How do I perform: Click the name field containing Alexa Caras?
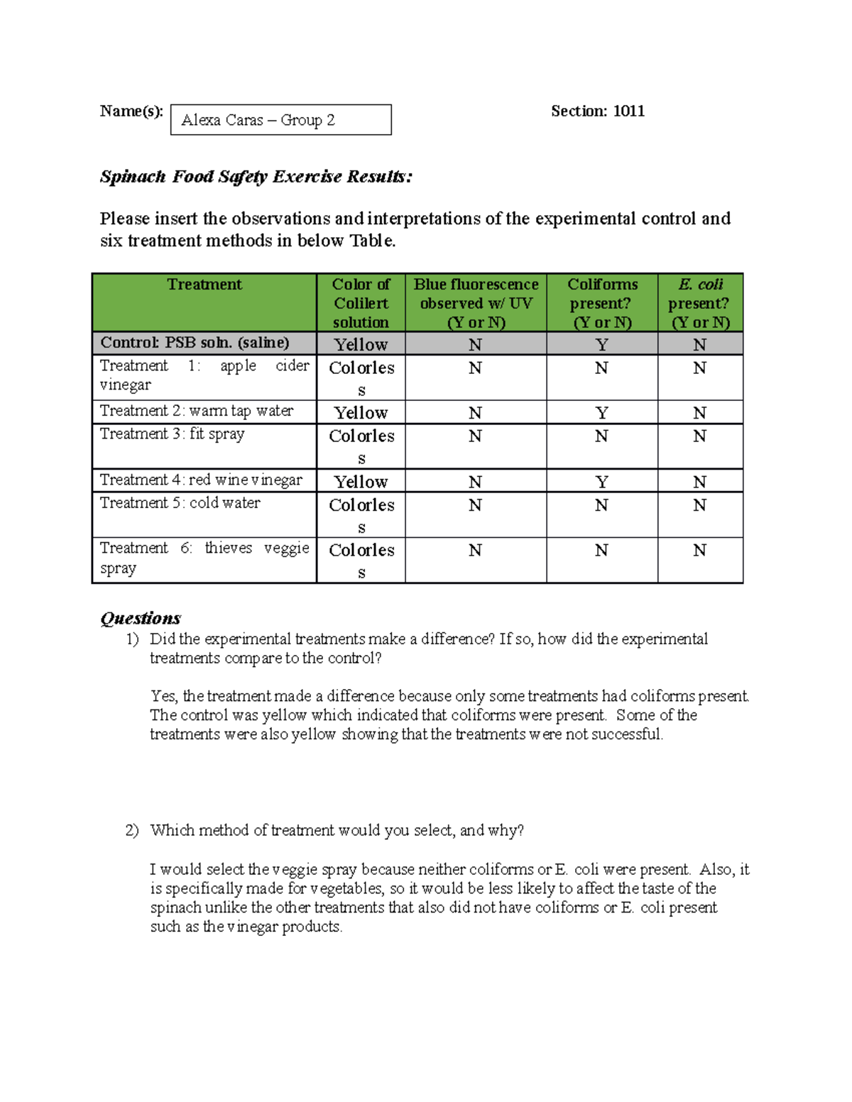(280, 120)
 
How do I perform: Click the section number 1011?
(628, 111)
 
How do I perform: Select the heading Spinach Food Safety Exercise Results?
(256, 177)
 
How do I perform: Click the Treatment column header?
(204, 285)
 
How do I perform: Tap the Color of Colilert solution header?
(361, 303)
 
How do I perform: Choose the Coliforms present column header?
(602, 303)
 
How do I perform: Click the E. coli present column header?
(700, 303)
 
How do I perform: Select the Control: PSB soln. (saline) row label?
(195, 343)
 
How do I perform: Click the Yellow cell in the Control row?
(361, 345)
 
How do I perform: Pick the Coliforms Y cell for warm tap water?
(601, 413)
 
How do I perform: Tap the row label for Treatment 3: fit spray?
(172, 434)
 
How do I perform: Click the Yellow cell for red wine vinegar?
(361, 482)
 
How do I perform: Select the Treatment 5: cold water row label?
(180, 502)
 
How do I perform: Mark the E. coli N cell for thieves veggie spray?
(699, 551)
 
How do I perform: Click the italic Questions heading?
(140, 618)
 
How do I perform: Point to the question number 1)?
(132, 639)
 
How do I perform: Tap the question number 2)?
(132, 831)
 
